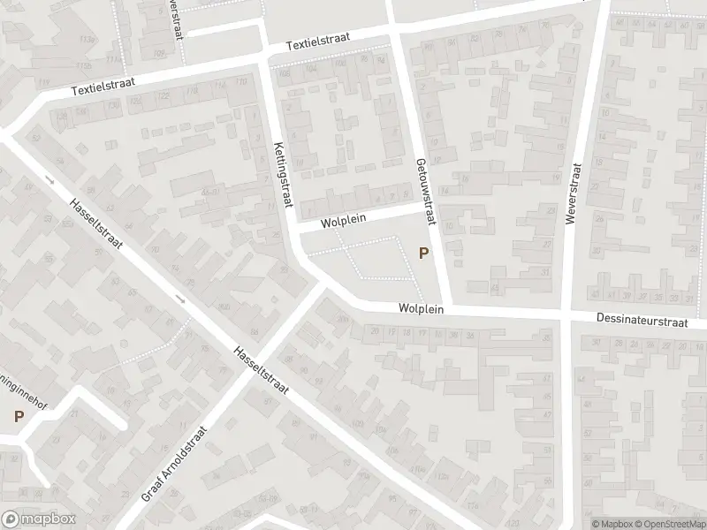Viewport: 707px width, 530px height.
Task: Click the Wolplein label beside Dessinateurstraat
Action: pos(421,309)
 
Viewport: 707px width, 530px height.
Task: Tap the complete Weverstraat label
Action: pos(571,193)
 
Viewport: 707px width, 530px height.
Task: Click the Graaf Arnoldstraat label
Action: pos(174,463)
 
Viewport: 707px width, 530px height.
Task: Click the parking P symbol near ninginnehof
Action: pos(18,415)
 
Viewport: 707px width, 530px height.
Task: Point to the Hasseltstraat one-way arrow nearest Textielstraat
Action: pos(49,181)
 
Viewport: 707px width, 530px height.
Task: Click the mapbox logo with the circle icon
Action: pos(39,519)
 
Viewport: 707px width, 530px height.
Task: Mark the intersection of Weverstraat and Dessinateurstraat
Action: pos(565,317)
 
